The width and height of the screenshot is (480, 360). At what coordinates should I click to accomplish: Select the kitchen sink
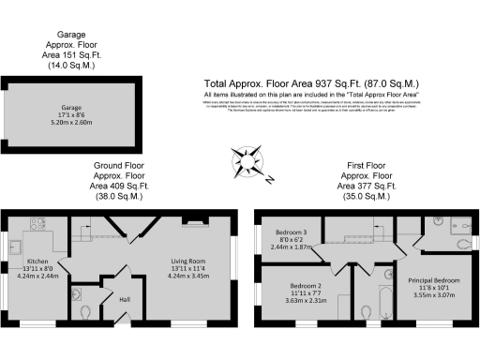click(x=16, y=249)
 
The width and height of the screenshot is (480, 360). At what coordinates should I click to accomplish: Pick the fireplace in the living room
click(x=195, y=223)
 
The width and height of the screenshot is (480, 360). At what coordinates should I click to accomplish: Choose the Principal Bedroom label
click(x=432, y=279)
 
